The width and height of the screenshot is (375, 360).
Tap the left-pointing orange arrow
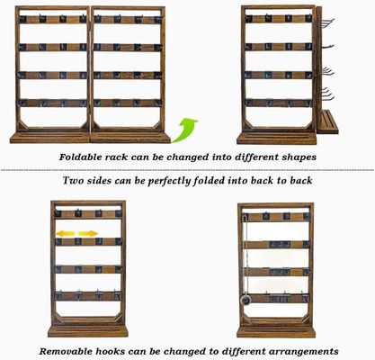pyautogui.click(x=64, y=234)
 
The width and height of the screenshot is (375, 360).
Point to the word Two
pyautogui.click(x=74, y=181)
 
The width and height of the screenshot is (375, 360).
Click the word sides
pyautogui.click(x=104, y=181)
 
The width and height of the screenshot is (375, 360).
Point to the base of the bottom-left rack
pyautogui.click(x=87, y=330)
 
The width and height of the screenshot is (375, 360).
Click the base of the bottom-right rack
pyautogui.click(x=275, y=330)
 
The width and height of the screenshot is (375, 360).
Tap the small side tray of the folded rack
pyautogui.click(x=327, y=121)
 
